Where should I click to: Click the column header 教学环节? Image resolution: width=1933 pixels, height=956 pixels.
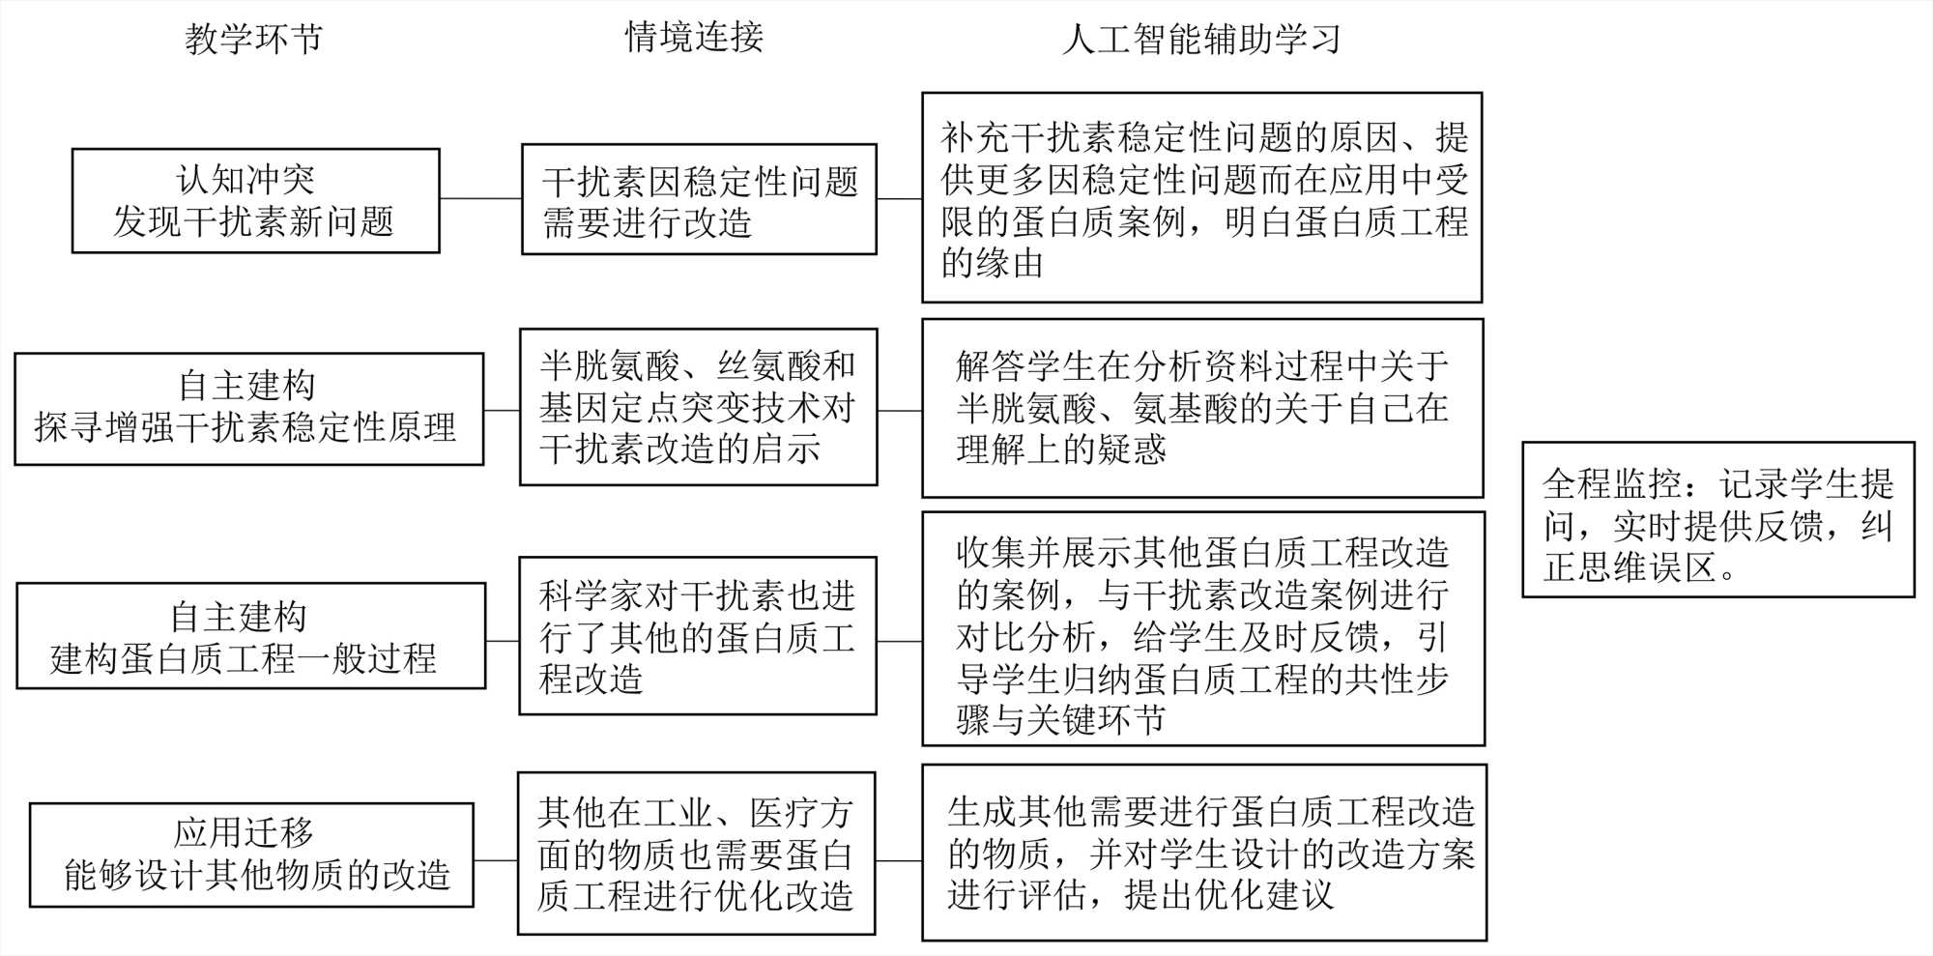(x=253, y=40)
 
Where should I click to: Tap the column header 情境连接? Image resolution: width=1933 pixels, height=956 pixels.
(x=694, y=38)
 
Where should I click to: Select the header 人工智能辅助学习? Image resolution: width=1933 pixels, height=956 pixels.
(x=1201, y=40)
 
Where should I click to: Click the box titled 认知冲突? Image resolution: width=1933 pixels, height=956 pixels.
(x=255, y=201)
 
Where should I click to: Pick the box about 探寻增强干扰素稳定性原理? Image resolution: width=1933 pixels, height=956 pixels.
(x=248, y=409)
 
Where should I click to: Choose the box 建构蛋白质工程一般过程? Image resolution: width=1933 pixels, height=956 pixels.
(x=250, y=636)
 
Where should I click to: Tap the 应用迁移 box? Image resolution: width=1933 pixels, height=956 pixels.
(x=251, y=855)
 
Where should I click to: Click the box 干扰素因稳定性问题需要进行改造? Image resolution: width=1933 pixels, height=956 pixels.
(x=699, y=200)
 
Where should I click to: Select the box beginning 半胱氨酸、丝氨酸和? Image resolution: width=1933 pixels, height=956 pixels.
(x=698, y=407)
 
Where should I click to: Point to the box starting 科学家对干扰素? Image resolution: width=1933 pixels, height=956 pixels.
(x=697, y=636)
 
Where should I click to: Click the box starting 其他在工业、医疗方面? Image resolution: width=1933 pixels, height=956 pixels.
(x=696, y=854)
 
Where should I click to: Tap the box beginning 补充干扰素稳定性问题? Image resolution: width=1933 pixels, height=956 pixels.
(x=1201, y=198)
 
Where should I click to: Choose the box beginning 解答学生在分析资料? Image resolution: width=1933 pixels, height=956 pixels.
(x=1202, y=408)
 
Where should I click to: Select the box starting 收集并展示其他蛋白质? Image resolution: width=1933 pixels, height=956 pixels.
(x=1203, y=629)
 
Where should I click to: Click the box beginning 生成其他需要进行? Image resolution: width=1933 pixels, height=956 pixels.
(x=1204, y=853)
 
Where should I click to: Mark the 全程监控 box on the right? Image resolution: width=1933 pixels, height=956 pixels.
(x=1717, y=520)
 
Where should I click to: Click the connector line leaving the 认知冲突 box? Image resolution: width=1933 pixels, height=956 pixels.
(x=480, y=199)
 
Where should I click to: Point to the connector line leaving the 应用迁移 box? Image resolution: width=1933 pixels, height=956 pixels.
(x=495, y=860)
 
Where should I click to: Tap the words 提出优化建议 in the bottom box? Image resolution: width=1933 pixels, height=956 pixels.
(x=1228, y=895)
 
